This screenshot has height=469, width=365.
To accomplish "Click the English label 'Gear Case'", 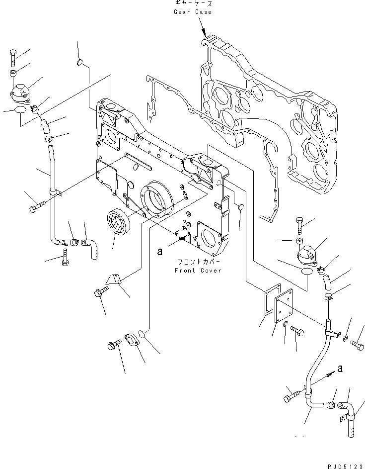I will (x=193, y=11).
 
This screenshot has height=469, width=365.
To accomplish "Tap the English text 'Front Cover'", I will (x=198, y=270).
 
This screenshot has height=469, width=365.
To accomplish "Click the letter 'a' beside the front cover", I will (x=159, y=252).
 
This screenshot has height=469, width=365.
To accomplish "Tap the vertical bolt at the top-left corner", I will (x=12, y=58).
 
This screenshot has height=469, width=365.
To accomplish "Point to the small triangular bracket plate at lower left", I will (x=116, y=281).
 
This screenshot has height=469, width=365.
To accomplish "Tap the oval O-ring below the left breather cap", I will (x=20, y=110).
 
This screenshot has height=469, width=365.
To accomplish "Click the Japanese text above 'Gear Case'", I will (x=193, y=3).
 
